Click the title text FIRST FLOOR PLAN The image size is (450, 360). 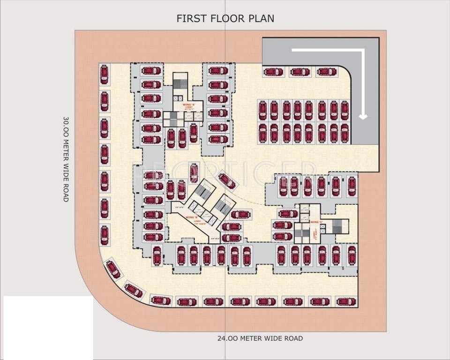[225, 18]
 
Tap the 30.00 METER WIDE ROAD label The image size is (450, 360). [66, 159]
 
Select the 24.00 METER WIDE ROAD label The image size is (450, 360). [260, 338]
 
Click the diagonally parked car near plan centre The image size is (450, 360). [227, 180]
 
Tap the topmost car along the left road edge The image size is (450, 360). [104, 74]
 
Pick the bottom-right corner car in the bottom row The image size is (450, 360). [346, 301]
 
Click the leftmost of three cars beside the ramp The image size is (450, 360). [273, 72]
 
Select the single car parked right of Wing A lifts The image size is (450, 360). [193, 133]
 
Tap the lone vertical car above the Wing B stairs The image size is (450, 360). [193, 172]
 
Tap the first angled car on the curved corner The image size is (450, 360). [113, 269]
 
